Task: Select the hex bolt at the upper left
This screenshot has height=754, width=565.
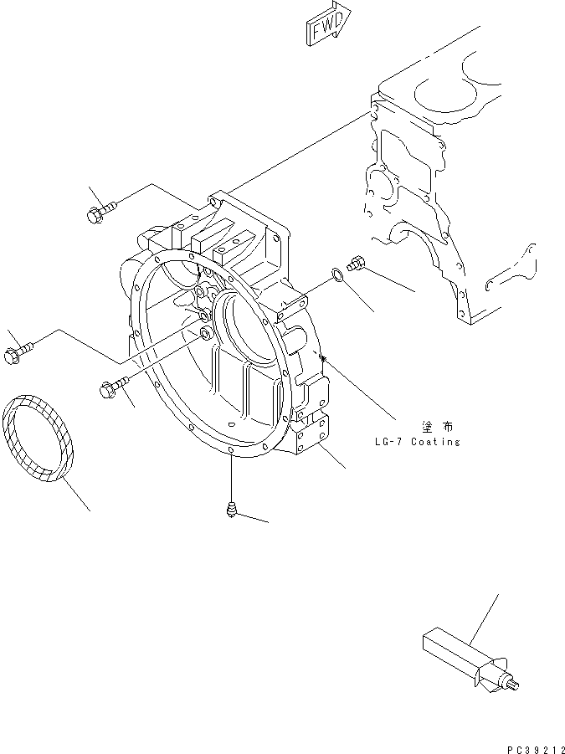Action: pyautogui.click(x=98, y=209)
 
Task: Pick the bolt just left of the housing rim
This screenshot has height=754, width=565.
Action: pyautogui.click(x=113, y=386)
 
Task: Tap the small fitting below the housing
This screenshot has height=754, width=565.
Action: pyautogui.click(x=230, y=508)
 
